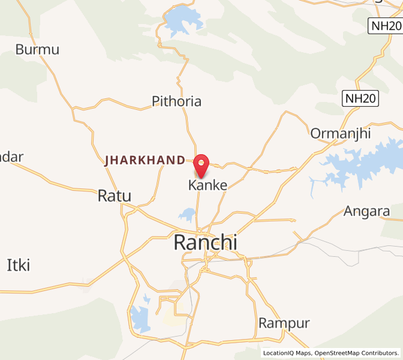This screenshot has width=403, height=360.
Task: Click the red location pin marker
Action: [201, 166]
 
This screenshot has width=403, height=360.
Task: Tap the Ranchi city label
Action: [205, 242]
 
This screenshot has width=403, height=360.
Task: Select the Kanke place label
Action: [208, 185]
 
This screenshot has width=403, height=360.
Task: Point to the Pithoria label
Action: [176, 101]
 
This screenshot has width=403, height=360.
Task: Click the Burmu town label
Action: [38, 49]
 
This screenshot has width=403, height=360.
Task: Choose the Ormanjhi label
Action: [341, 133]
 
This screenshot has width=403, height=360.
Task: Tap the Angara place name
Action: [366, 211]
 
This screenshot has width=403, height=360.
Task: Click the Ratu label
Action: [114, 196]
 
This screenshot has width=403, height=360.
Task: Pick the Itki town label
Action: [18, 265]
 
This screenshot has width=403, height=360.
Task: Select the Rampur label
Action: [284, 323]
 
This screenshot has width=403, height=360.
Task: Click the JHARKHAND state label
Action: [145, 160]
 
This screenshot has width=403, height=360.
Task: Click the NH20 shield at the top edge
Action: [384, 26]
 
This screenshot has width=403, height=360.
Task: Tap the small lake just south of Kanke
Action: [188, 214]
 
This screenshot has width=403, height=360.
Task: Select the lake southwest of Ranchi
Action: [141, 319]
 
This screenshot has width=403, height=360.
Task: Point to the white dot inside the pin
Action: [201, 162]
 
